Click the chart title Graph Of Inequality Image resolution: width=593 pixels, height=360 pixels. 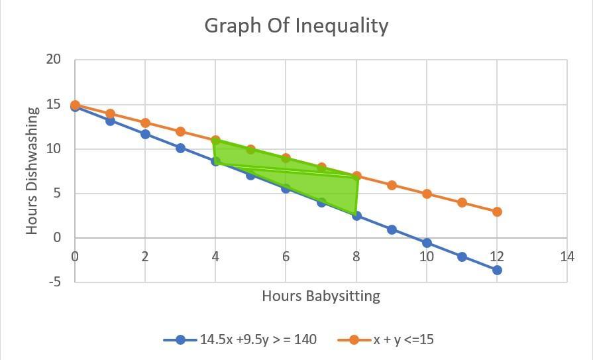296,26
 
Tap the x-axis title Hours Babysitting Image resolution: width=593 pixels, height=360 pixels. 321,296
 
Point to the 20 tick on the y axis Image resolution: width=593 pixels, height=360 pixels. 54,60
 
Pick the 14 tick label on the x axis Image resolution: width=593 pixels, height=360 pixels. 566,256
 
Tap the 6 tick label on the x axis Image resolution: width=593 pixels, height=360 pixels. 286,256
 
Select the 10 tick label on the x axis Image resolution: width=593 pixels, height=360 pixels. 426,256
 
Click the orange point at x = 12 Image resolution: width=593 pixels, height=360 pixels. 497,211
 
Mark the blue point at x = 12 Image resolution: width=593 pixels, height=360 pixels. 497,270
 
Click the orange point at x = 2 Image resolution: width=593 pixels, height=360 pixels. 145,123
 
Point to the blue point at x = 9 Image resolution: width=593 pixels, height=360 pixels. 392,229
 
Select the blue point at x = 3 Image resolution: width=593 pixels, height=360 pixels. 180,148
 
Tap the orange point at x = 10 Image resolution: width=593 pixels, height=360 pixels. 427,194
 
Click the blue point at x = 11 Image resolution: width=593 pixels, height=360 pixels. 462,257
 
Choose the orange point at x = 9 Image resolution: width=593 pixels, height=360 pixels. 392,185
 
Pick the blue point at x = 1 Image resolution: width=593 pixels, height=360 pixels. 110,121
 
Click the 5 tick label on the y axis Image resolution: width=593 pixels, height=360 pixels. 56,194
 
